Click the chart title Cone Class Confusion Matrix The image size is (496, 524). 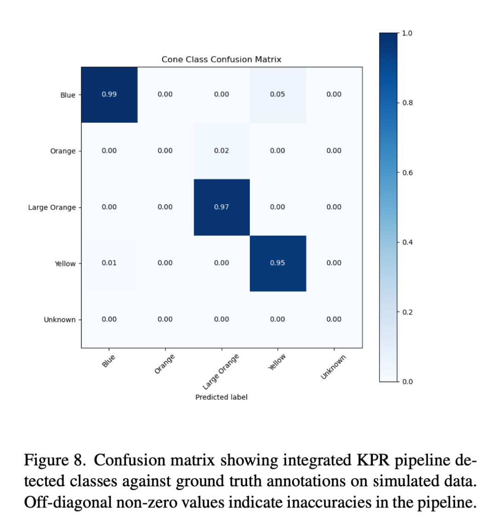pos(221,60)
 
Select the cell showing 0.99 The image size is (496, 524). pos(109,95)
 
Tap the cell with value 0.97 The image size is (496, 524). pos(221,207)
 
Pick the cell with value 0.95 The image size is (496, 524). pos(277,263)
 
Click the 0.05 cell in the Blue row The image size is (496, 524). pos(277,95)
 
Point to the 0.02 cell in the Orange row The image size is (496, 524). pos(221,151)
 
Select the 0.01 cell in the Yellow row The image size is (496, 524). pos(109,263)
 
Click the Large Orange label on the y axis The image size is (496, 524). pos(52,208)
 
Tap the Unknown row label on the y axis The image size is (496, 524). pos(60,320)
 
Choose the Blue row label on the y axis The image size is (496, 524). pos(68,95)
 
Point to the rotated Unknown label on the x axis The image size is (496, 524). pos(333,367)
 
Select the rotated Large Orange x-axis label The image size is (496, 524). pos(221,371)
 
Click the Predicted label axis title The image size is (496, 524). pos(221,397)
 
